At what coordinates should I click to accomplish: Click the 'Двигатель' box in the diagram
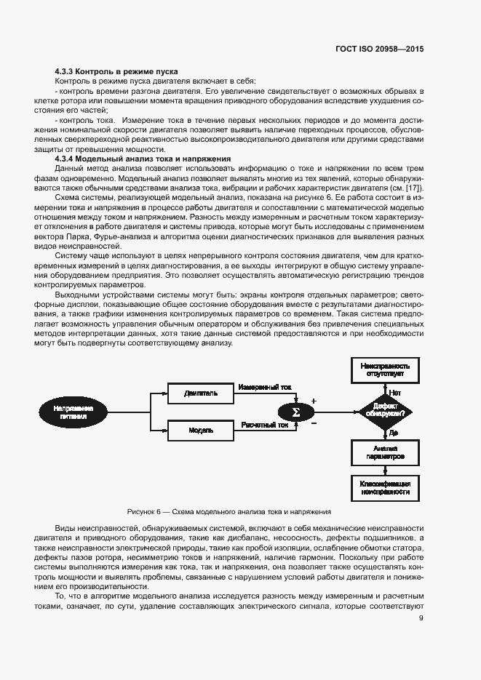coord(200,393)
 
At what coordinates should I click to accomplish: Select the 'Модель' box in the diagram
coord(200,430)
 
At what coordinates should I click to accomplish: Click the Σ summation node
coord(295,412)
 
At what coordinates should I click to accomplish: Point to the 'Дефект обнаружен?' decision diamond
coord(385,412)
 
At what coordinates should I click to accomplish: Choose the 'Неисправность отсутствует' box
coord(385,371)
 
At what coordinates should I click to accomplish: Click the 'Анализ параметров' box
coord(385,453)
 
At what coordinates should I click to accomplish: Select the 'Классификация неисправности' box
coord(385,487)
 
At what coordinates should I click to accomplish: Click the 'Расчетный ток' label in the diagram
coord(262,424)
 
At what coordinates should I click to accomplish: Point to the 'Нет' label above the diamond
coord(394,392)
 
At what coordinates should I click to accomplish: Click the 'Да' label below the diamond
coord(393,433)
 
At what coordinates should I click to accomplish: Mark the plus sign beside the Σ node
coord(314,401)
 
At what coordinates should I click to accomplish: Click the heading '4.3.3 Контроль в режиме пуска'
coord(116,71)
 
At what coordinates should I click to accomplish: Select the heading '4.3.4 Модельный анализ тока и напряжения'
coord(143,159)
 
